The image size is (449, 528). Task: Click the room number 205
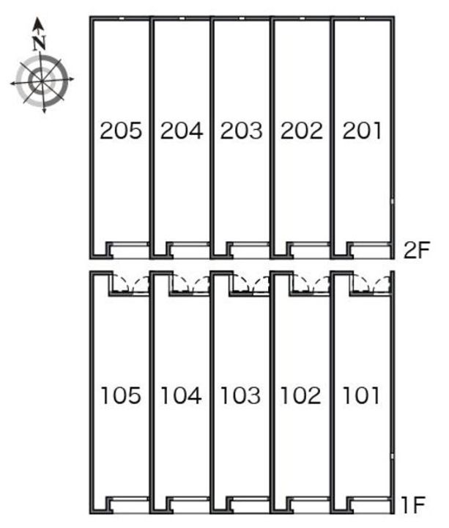tap(121, 131)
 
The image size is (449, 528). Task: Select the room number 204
tap(182, 131)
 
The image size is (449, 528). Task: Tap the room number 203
tap(242, 131)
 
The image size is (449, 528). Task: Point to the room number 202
tap(302, 131)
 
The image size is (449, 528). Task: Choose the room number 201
tap(362, 131)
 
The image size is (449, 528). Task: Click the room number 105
tap(121, 395)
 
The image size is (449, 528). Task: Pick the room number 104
tap(181, 395)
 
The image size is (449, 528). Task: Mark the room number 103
tap(241, 395)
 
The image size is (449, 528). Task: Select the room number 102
tap(301, 395)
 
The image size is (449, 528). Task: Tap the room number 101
tap(361, 395)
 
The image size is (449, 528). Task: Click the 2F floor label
tap(417, 250)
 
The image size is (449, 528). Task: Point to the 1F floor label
tap(413, 505)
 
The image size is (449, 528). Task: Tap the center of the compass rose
tap(42, 81)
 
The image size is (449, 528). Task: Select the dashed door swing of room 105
tap(130, 284)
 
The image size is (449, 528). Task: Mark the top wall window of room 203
tap(242, 18)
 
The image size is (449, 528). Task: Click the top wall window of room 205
tap(122, 18)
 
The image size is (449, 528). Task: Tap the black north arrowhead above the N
tap(39, 25)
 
